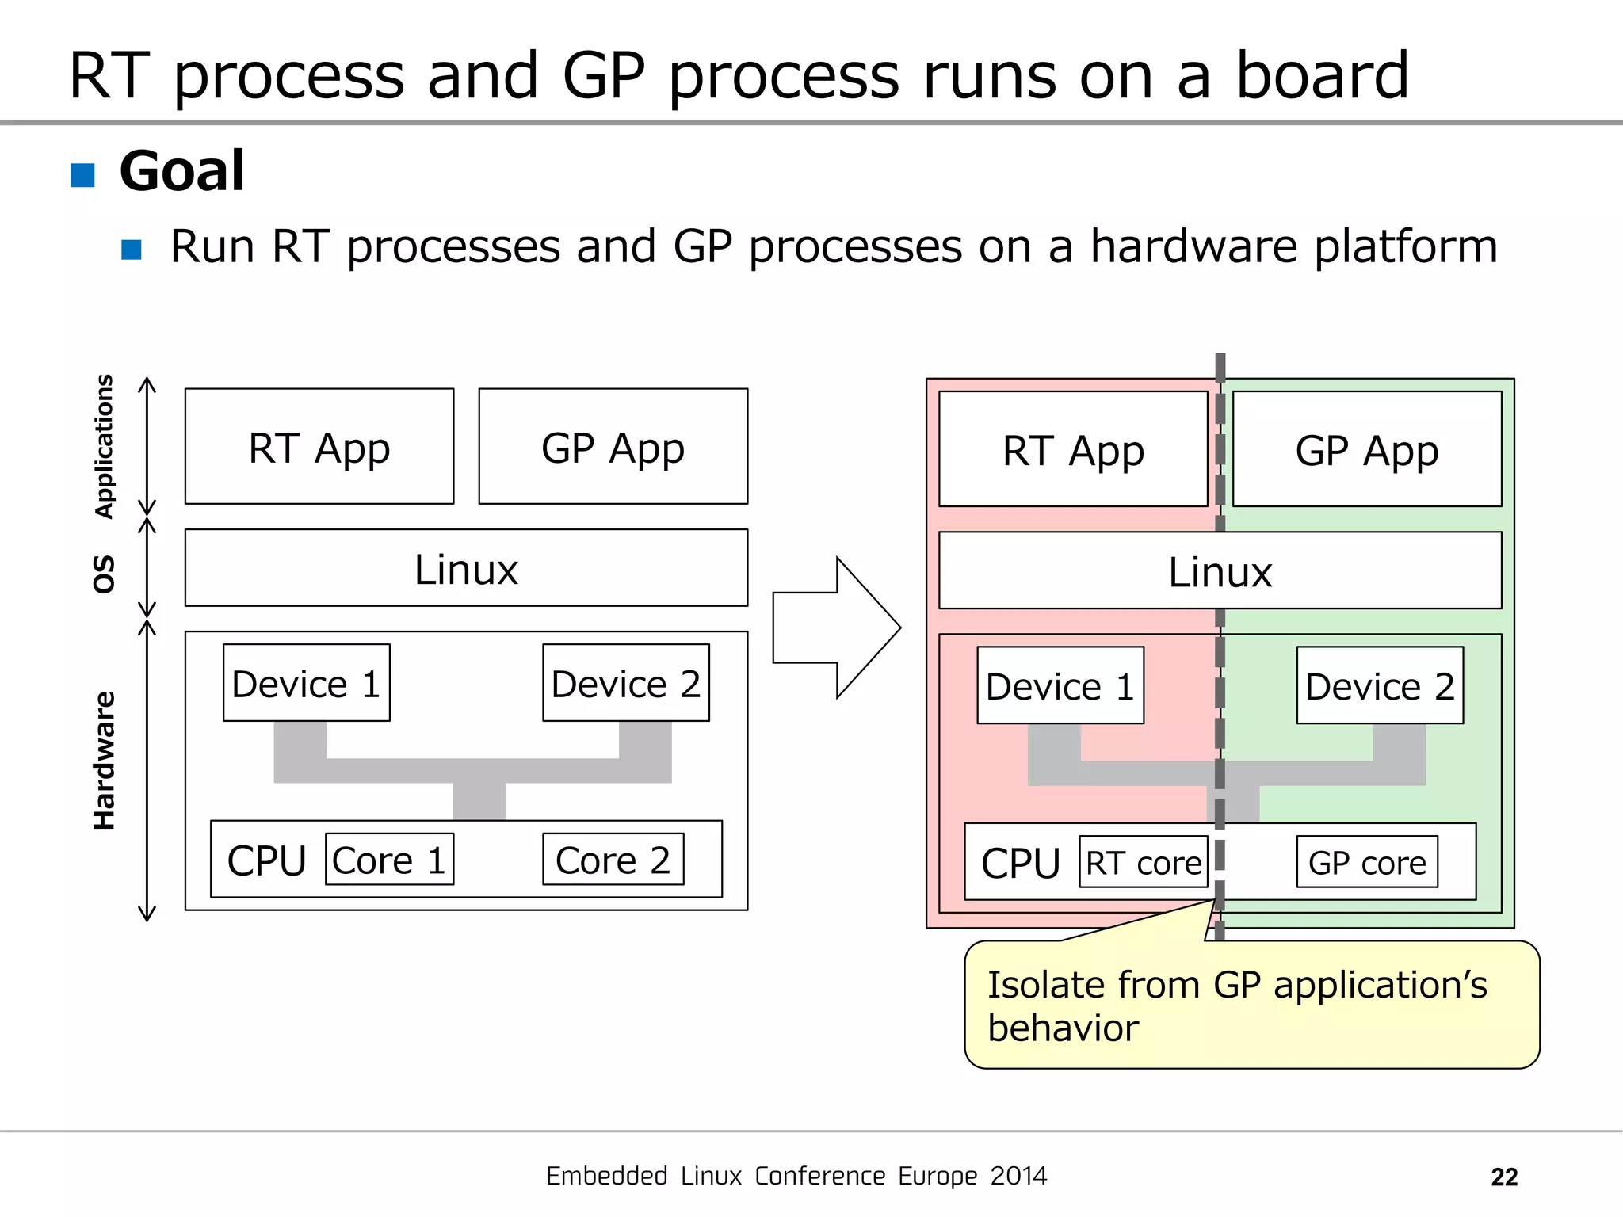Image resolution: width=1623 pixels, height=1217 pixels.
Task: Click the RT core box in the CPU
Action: (1143, 862)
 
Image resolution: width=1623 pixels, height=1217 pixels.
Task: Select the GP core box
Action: (1367, 862)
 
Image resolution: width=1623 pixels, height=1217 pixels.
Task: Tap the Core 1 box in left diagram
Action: (389, 860)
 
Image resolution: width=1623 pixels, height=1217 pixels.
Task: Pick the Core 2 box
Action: (613, 860)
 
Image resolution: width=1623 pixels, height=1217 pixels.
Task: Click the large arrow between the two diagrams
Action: (836, 628)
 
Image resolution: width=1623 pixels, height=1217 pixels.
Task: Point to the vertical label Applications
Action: (104, 446)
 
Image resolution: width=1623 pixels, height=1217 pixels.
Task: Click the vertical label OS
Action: (104, 574)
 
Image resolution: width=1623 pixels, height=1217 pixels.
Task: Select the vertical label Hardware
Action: (104, 761)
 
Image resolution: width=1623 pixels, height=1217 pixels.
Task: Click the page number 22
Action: (1503, 1177)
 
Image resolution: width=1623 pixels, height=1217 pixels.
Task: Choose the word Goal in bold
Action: (181, 171)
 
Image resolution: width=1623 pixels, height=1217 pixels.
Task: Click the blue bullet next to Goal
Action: (82, 175)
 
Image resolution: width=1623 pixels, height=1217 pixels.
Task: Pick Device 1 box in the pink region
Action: (1060, 685)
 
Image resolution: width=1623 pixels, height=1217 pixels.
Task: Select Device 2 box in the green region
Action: (1380, 685)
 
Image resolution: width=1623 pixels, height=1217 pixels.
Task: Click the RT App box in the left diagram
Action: (319, 447)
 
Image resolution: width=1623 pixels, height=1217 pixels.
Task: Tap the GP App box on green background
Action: (1367, 449)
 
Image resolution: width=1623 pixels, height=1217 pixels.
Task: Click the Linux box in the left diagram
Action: (466, 568)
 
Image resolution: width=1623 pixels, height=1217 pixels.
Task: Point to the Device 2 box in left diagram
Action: (625, 683)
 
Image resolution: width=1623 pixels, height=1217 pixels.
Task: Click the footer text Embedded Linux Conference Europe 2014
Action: (796, 1176)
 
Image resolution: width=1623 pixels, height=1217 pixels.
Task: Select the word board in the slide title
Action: (1322, 76)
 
